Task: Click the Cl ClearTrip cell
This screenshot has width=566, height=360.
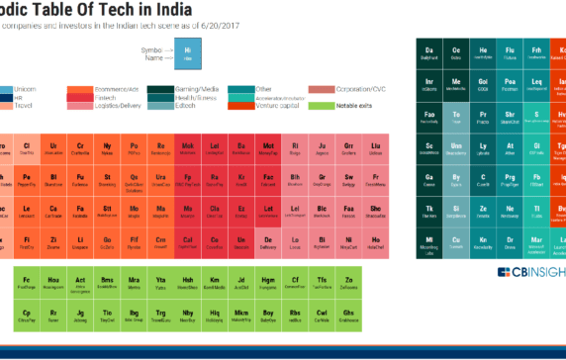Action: tap(28, 149)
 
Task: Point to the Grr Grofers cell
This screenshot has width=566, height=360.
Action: tap(348, 149)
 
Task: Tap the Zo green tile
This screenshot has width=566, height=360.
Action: tap(348, 284)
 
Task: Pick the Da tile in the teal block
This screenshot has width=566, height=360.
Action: tap(429, 52)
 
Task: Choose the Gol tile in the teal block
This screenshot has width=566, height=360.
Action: tap(483, 84)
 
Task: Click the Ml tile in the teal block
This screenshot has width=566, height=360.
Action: tap(429, 242)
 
